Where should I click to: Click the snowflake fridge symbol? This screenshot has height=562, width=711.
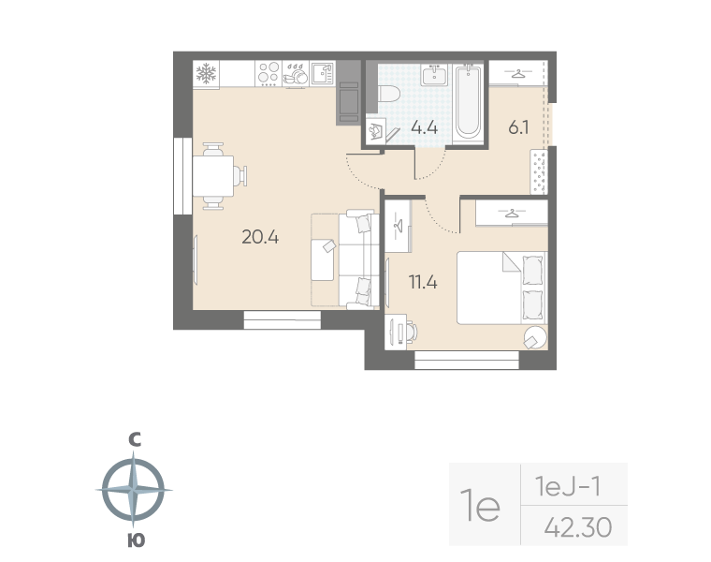pos(206,74)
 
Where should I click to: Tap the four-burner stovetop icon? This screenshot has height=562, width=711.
pos(268,74)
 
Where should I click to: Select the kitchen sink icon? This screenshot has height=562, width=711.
pos(323,74)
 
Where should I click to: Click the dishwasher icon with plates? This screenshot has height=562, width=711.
pos(296,74)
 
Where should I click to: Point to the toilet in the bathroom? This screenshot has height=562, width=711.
pos(388,95)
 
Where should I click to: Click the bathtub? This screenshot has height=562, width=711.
pos(468,102)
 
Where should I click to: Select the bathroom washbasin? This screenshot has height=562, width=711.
pos(435,75)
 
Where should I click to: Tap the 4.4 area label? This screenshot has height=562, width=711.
pos(424,127)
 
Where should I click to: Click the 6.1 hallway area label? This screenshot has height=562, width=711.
pos(518,127)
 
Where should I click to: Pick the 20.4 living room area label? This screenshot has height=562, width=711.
pos(260,237)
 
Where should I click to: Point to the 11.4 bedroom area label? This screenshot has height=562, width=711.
pos(423,282)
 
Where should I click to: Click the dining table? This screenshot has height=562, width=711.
pos(213,176)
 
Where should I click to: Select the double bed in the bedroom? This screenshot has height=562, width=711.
pos(502,288)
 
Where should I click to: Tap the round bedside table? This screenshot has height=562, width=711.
pos(535,338)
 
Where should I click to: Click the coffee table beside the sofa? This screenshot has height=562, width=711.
pos(323,260)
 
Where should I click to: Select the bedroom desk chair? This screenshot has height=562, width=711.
pos(411,332)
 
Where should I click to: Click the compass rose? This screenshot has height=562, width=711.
pos(133,490)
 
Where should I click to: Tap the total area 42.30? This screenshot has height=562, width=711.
pos(578,527)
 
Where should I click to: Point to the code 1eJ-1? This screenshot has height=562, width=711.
pos(568,487)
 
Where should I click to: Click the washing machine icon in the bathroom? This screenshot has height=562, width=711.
pos(376,131)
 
